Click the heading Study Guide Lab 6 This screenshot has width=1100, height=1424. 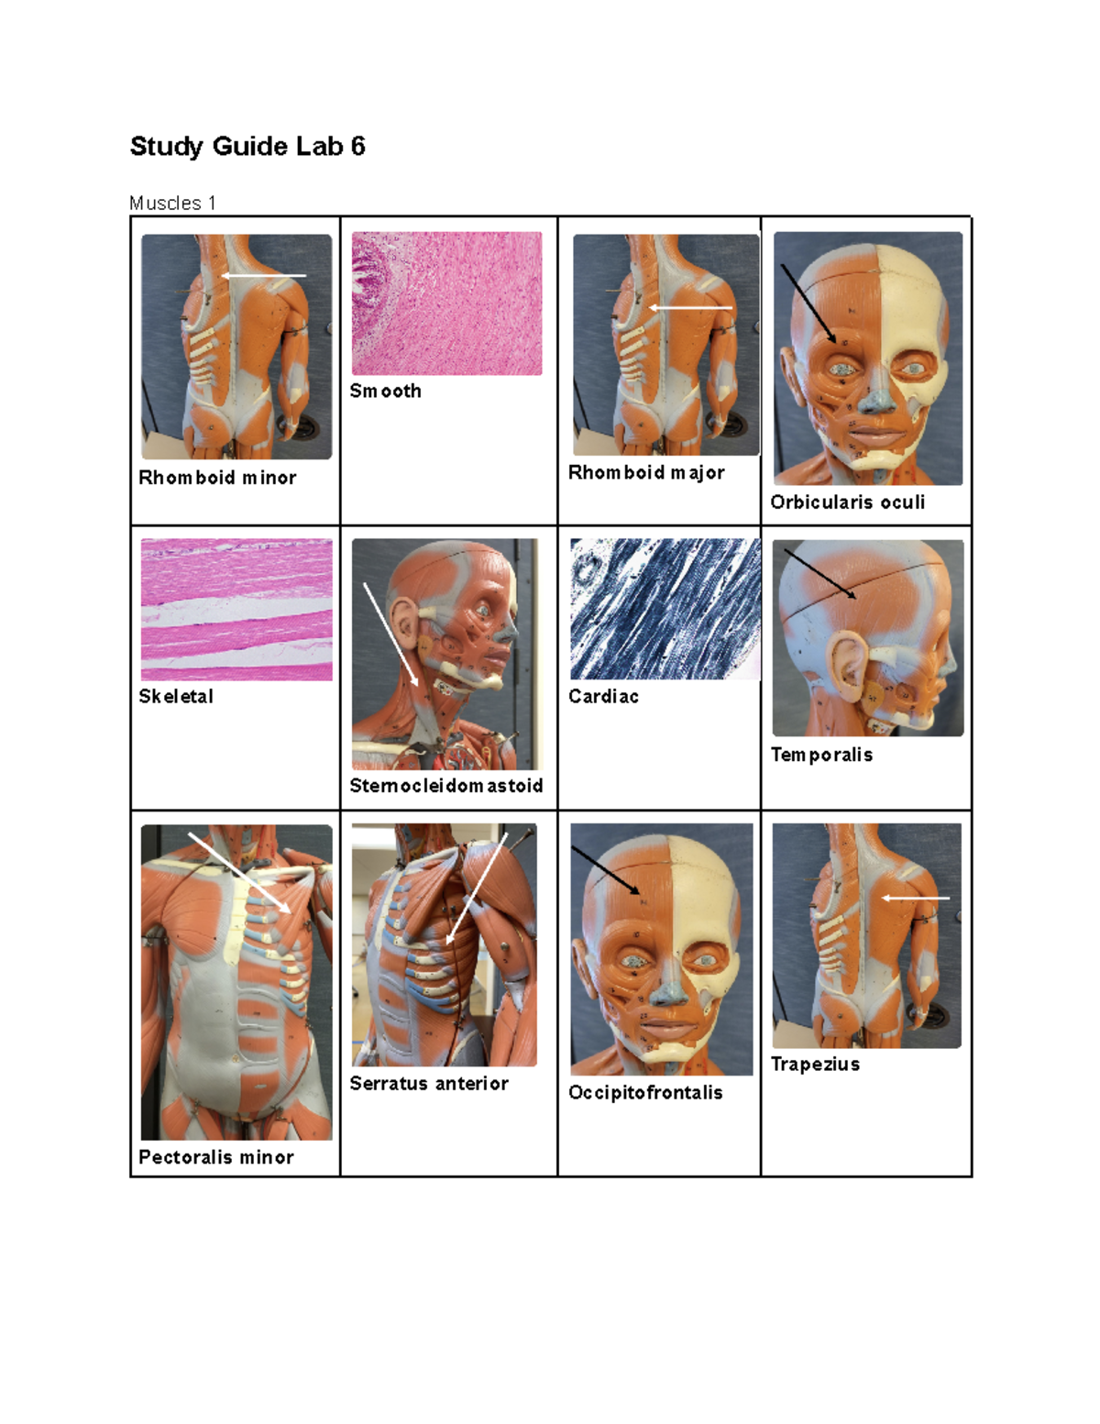coord(247,147)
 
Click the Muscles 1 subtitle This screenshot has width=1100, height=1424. coord(172,203)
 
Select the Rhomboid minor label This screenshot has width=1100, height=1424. coord(217,478)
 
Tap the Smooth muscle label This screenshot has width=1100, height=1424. coord(385,391)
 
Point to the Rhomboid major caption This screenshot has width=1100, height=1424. coord(646,472)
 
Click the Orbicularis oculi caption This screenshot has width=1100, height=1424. coord(847,502)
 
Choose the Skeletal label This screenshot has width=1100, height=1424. coord(176,696)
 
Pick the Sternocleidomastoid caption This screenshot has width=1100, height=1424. coord(446,786)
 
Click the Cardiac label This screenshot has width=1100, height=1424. coord(603,696)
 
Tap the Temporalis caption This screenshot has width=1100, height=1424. coord(821,755)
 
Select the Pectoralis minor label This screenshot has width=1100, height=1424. coord(216,1157)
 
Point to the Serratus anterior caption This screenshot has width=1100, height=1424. coord(429,1083)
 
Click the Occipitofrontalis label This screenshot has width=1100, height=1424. coord(645,1092)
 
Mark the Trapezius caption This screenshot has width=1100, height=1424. coord(815,1064)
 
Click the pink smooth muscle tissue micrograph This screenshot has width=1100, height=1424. coord(446,304)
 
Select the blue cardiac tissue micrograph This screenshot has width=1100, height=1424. coord(665,609)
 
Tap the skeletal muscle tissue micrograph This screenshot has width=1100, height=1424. coord(236,610)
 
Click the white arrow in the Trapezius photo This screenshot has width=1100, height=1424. coord(915,899)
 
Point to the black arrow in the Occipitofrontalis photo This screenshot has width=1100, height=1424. coord(606,870)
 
